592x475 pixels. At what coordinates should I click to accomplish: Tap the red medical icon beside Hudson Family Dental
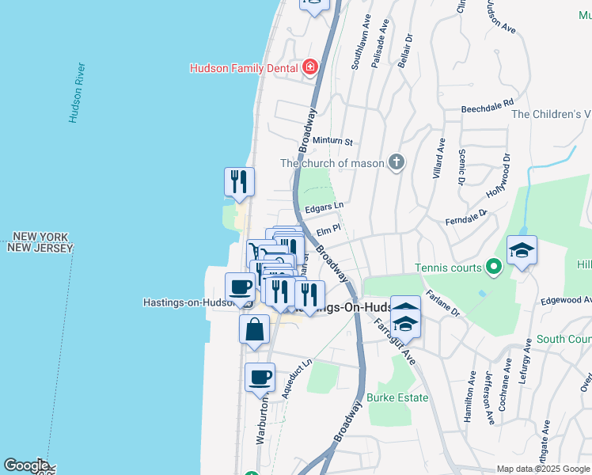[x=310, y=67]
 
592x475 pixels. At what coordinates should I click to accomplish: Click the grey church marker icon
[x=397, y=163]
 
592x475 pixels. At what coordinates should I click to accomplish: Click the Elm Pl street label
[x=328, y=230]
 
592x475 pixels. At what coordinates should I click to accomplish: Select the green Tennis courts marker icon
[x=495, y=268]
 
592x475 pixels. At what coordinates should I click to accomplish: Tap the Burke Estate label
[x=398, y=397]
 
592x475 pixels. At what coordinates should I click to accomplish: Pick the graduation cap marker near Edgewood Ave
[x=522, y=251]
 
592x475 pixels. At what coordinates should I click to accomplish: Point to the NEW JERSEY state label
[x=40, y=248]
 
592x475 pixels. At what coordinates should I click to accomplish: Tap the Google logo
[x=25, y=465]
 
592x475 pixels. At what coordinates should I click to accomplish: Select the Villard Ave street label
[x=439, y=158]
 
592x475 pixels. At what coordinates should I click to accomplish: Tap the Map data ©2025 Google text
[x=542, y=469]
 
